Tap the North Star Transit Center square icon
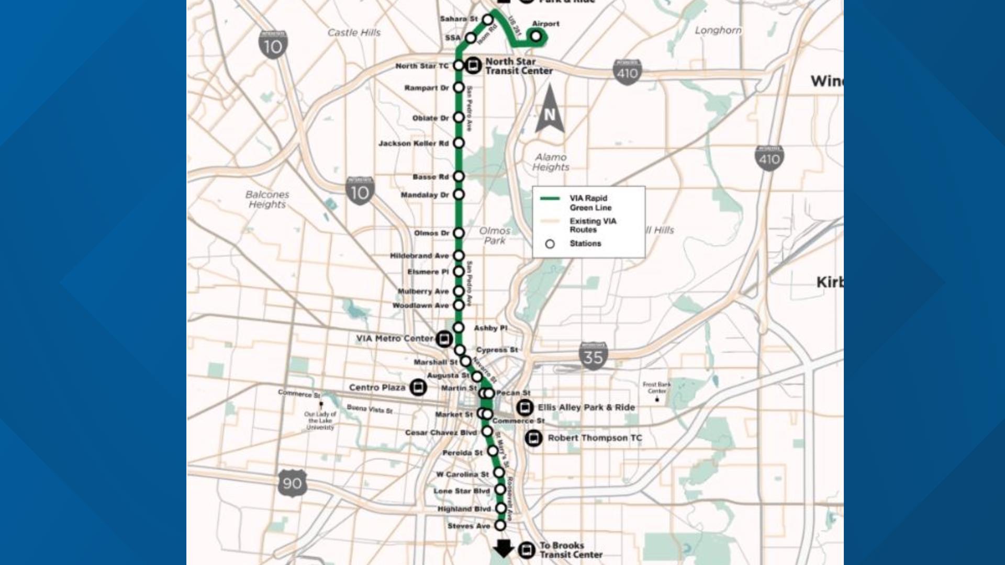click(474, 65)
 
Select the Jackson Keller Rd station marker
click(459, 143)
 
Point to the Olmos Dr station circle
click(459, 233)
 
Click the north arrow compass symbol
click(550, 110)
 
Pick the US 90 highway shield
click(292, 483)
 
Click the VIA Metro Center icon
click(444, 339)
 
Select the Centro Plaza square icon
click(418, 388)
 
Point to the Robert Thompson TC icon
click(533, 438)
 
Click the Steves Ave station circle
click(500, 525)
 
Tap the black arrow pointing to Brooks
click(504, 548)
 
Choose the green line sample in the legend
click(550, 198)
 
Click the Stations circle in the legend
click(550, 244)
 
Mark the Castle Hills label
click(354, 32)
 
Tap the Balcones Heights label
click(267, 199)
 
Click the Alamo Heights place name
click(551, 162)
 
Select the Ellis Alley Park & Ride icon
click(524, 407)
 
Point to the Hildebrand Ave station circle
click(459, 255)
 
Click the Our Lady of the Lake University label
click(320, 421)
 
